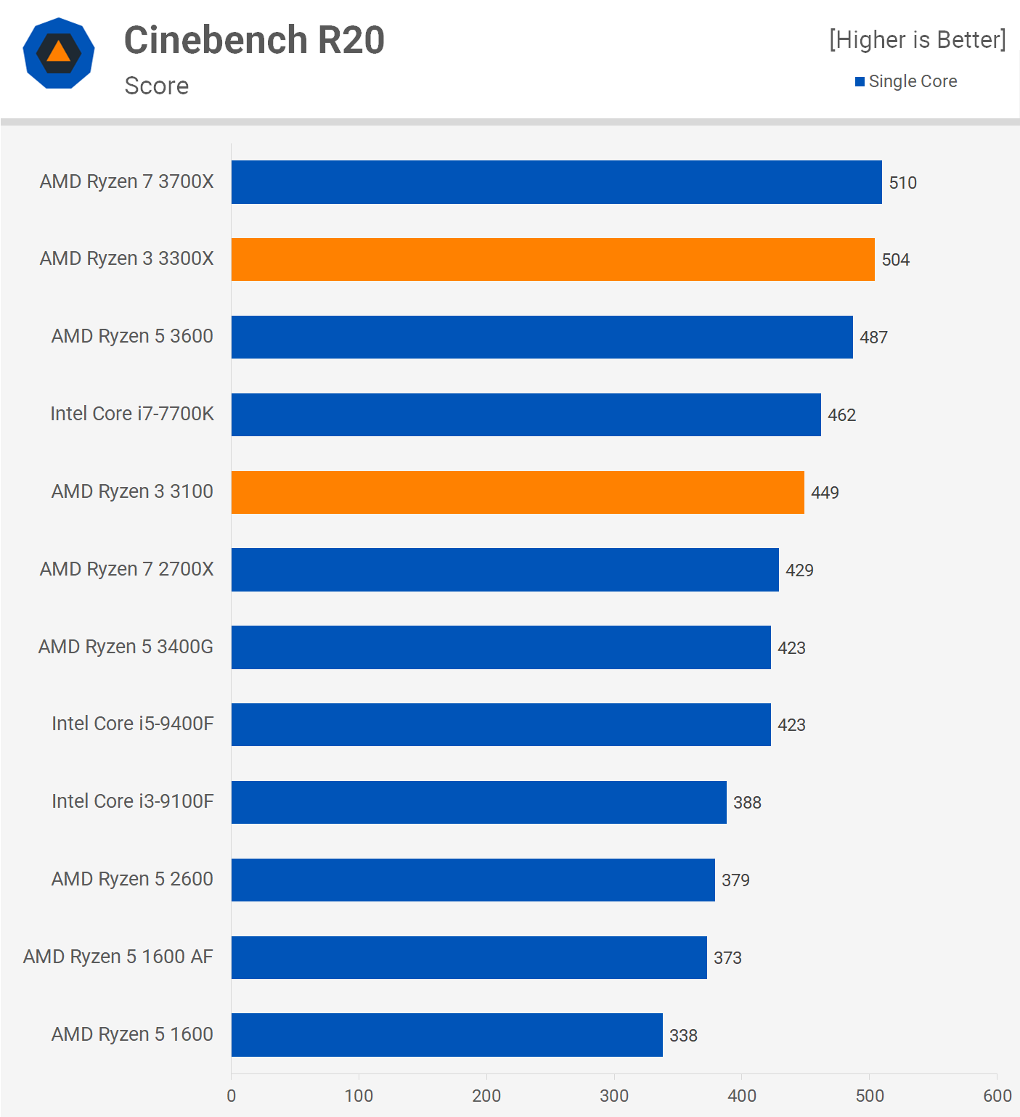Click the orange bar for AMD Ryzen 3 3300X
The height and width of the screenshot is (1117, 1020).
pos(552,259)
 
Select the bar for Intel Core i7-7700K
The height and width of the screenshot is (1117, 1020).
pos(526,414)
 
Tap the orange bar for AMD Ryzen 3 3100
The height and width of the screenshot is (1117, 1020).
pos(518,492)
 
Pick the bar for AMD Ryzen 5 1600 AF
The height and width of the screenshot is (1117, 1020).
pos(469,957)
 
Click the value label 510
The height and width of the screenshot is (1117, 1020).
pos(902,183)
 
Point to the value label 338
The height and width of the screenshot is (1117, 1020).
pos(683,1036)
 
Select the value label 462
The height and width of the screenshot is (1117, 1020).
pos(841,415)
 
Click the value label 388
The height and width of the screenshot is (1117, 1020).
pos(747,803)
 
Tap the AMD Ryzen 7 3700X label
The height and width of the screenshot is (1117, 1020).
pos(127,181)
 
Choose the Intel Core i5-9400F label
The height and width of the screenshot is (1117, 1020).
pos(133,724)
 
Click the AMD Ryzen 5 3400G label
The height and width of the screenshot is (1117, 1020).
pos(126,647)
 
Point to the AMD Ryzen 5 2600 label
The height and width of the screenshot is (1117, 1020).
pos(132,879)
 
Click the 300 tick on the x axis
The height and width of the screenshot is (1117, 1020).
pos(614,1096)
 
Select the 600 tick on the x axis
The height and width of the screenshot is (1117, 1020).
pos(997,1096)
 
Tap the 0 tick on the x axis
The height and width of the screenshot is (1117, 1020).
pos(232,1096)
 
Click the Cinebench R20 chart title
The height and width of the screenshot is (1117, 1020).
pos(254,40)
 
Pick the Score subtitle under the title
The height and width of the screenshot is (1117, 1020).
pos(157,86)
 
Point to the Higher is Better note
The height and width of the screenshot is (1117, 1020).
pos(917,40)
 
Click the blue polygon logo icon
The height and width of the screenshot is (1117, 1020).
pos(59,53)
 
